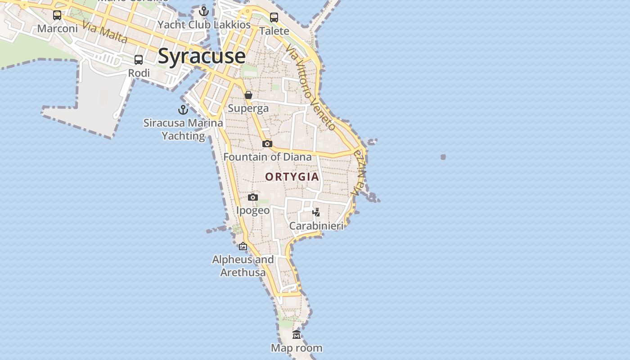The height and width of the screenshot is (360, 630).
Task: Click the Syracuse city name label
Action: tap(202, 56)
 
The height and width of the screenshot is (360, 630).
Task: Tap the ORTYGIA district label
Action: tap(292, 177)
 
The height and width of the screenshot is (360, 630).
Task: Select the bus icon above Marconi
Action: tap(57, 15)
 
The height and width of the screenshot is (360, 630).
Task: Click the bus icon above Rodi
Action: tap(139, 60)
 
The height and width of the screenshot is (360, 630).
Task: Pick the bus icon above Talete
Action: tap(274, 18)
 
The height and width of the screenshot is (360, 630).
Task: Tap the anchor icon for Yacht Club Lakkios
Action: tap(204, 11)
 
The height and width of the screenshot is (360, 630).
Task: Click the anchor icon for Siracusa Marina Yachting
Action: tap(183, 110)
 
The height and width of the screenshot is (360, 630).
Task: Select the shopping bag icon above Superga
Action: tap(248, 95)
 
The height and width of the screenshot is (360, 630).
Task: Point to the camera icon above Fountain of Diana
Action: tap(267, 144)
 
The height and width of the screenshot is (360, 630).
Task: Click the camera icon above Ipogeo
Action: tap(253, 197)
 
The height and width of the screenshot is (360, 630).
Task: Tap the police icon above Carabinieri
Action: tap(316, 212)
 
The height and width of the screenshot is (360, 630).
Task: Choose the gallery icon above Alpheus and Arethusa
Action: tap(243, 246)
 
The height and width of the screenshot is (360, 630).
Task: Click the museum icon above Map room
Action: tap(297, 334)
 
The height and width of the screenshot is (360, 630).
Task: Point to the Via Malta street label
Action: tap(105, 32)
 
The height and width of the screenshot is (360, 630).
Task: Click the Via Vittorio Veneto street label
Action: tap(310, 88)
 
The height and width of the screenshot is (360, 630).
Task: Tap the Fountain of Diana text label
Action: tap(267, 157)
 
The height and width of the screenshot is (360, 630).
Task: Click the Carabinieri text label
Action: tap(316, 226)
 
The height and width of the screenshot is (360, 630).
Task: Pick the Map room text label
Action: tap(297, 348)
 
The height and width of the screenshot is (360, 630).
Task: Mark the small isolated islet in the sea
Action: tap(443, 157)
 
